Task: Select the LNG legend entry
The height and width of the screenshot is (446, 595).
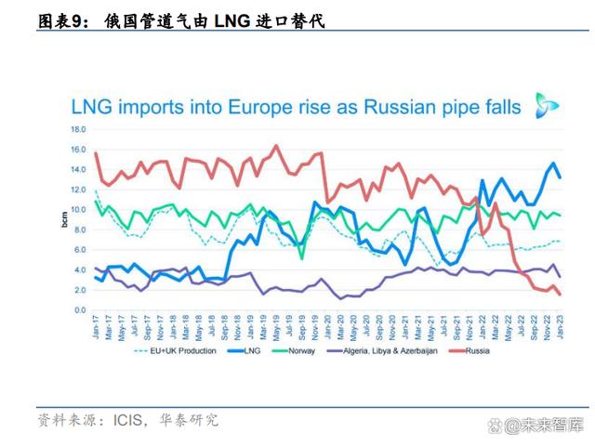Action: tap(250, 350)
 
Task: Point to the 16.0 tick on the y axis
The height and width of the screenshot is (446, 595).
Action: tap(78, 149)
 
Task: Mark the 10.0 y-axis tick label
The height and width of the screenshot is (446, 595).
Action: tap(78, 210)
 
